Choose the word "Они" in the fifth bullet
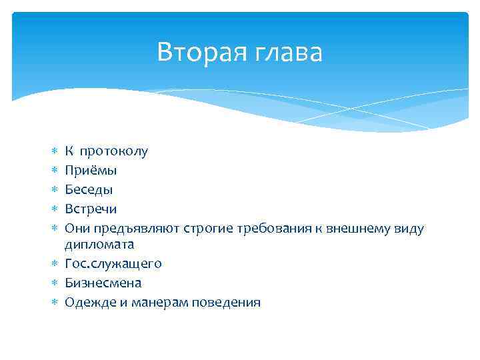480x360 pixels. [x=77, y=228]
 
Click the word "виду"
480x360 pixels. [x=409, y=228]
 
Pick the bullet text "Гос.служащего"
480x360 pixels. [x=113, y=264]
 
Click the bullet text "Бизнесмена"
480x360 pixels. [x=103, y=283]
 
